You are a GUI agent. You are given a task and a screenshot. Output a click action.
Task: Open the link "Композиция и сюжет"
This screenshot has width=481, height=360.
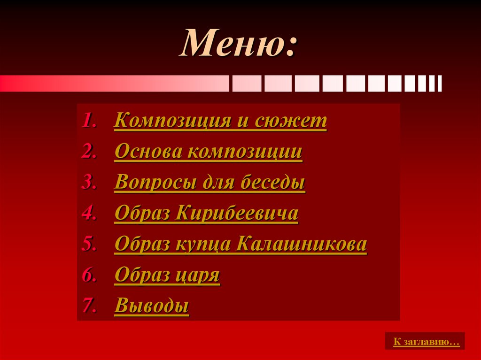tap(220, 121)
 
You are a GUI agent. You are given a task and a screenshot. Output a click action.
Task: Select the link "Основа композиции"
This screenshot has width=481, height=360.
tap(208, 152)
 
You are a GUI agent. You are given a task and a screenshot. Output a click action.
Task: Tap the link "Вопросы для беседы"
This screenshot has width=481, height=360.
tap(209, 183)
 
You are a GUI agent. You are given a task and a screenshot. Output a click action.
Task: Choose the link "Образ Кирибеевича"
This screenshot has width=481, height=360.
tap(206, 214)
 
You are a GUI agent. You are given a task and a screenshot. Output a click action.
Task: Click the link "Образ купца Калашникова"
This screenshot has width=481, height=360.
tap(240, 245)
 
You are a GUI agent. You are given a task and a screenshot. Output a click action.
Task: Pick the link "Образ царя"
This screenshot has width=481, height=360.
tap(167, 276)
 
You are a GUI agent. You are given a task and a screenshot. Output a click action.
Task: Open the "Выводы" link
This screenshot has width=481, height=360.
tap(152, 306)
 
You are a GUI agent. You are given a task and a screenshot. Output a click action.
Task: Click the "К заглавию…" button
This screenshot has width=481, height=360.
tap(425, 342)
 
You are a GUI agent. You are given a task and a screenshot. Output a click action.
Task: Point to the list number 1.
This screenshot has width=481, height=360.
tap(89, 121)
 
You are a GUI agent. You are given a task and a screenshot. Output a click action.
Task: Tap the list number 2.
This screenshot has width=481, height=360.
tap(89, 152)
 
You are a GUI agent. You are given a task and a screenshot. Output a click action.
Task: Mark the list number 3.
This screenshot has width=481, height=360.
tap(89, 183)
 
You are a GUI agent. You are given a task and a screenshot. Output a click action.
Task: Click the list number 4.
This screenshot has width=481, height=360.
tap(89, 214)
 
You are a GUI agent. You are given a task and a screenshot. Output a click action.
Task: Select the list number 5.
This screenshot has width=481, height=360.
tap(89, 245)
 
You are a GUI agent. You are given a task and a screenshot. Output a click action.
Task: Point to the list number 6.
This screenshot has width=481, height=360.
tap(89, 276)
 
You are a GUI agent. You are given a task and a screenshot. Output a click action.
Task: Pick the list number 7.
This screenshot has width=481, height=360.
tap(89, 306)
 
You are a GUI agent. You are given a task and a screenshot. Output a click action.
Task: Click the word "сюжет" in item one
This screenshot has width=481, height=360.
tap(291, 121)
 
